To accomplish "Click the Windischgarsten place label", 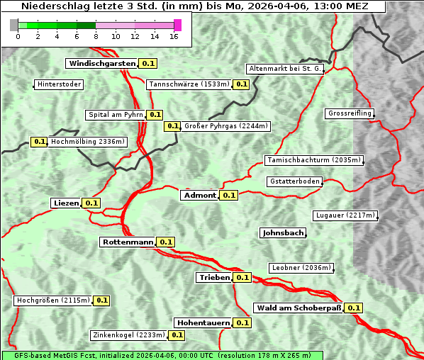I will pyautogui.click(x=102, y=64).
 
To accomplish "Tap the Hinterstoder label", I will pyautogui.click(x=60, y=84).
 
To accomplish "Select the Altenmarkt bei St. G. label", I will pyautogui.click(x=285, y=69).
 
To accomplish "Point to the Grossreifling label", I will pyautogui.click(x=350, y=113).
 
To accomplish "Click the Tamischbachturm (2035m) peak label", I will pyautogui.click(x=313, y=160).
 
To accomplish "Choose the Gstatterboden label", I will pyautogui.click(x=295, y=181).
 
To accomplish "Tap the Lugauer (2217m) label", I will pyautogui.click(x=345, y=215).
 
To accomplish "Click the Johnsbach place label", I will pyautogui.click(x=284, y=232).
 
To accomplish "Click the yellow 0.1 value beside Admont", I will pyautogui.click(x=228, y=196).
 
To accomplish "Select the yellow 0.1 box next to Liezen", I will pyautogui.click(x=91, y=203).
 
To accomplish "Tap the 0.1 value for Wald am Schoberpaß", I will pyautogui.click(x=354, y=308).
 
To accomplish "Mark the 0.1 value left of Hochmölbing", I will pyautogui.click(x=40, y=142).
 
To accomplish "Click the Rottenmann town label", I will pyautogui.click(x=128, y=242).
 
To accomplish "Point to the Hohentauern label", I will pyautogui.click(x=203, y=322).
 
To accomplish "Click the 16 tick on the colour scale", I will pyautogui.click(x=174, y=36).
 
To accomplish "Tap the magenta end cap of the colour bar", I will pyautogui.click(x=177, y=26).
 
